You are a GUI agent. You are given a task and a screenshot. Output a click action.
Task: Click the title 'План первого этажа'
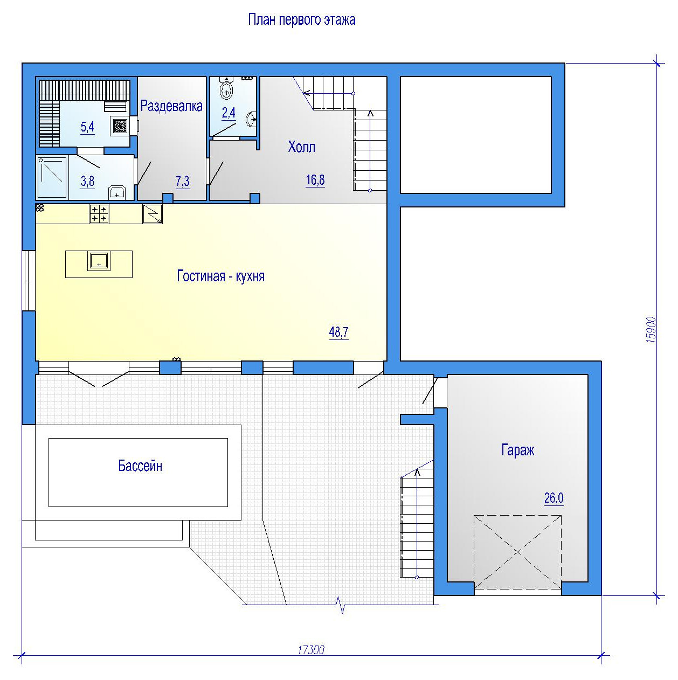pyautogui.click(x=302, y=20)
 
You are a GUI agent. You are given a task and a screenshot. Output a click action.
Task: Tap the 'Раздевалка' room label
pyautogui.click(x=171, y=106)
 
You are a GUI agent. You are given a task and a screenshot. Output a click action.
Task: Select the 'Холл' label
pyautogui.click(x=302, y=147)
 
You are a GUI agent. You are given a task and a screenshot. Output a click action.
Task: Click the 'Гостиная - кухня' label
pyautogui.click(x=221, y=276)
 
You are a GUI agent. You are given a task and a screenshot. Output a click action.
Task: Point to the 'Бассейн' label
pyautogui.click(x=140, y=466)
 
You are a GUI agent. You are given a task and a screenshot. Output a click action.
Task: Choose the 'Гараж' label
pyautogui.click(x=518, y=450)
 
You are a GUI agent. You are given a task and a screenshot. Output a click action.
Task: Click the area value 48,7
pyautogui.click(x=338, y=332)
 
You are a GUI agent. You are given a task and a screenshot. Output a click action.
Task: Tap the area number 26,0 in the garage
pyautogui.click(x=554, y=498)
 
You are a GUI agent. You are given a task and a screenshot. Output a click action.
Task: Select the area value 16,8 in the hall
pyautogui.click(x=315, y=180)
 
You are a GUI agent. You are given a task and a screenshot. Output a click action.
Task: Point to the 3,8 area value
pyautogui.click(x=87, y=182)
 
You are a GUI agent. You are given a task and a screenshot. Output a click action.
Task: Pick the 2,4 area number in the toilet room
pyautogui.click(x=229, y=113)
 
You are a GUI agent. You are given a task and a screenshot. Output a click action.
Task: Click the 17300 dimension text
pyautogui.click(x=311, y=650)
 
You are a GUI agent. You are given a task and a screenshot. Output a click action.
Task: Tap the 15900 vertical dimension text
pyautogui.click(x=651, y=330)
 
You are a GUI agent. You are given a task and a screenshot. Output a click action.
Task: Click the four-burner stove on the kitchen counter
pyautogui.click(x=99, y=214)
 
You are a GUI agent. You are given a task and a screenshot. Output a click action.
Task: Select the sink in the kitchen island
pyautogui.click(x=99, y=261)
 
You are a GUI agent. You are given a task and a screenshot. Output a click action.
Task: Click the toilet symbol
pyautogui.click(x=226, y=88)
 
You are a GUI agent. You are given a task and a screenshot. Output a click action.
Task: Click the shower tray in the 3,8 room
pyautogui.click(x=52, y=178)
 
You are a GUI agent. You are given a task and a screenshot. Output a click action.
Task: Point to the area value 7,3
pyautogui.click(x=183, y=182)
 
